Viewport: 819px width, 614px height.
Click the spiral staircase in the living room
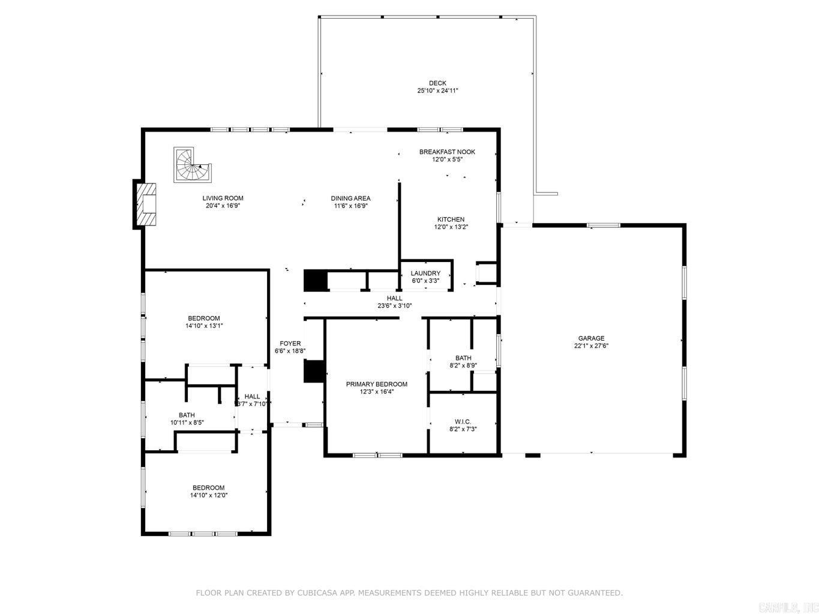pyautogui.click(x=191, y=165)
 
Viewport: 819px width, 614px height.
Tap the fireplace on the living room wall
pyautogui.click(x=146, y=205)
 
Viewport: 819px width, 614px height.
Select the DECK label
pyautogui.click(x=437, y=83)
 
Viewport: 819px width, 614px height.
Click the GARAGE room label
pyautogui.click(x=591, y=338)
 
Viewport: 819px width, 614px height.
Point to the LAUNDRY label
pyautogui.click(x=425, y=273)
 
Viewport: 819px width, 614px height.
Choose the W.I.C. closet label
pyautogui.click(x=463, y=422)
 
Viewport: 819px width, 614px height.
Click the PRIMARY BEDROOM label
pyautogui.click(x=376, y=384)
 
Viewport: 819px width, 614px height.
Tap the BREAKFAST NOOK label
pyautogui.click(x=447, y=152)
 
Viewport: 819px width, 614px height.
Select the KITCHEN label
pyautogui.click(x=451, y=219)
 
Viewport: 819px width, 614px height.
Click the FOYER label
pyautogui.click(x=290, y=344)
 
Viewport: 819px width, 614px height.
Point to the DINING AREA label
pyautogui.click(x=350, y=198)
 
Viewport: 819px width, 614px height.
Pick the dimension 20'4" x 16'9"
pyautogui.click(x=223, y=206)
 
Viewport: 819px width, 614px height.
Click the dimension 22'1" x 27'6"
pyautogui.click(x=591, y=346)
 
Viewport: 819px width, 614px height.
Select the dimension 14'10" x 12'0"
pyautogui.click(x=209, y=495)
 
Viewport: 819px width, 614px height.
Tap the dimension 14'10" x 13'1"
pyautogui.click(x=204, y=326)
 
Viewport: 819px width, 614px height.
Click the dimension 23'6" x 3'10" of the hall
pyautogui.click(x=394, y=306)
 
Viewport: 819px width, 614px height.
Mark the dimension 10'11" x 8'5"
pyautogui.click(x=187, y=423)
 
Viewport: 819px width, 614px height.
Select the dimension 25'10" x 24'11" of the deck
pyautogui.click(x=437, y=91)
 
